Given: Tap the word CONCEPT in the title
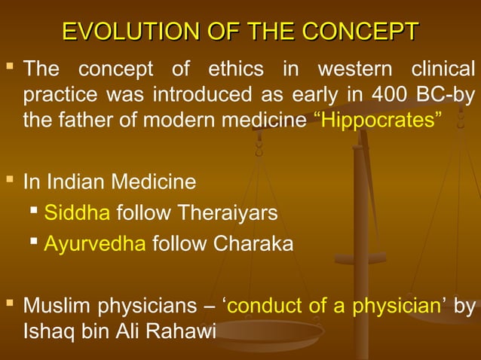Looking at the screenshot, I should pos(360,32).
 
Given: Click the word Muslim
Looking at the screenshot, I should pos(54,306).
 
